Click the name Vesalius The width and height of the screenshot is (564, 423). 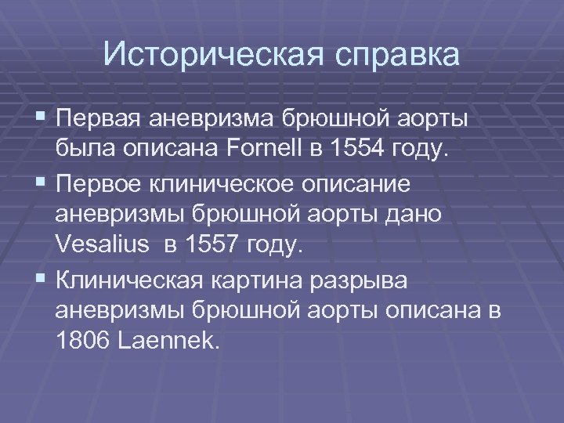click(x=103, y=245)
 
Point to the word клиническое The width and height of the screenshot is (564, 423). click(x=231, y=186)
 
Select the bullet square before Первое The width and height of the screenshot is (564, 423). click(x=40, y=185)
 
